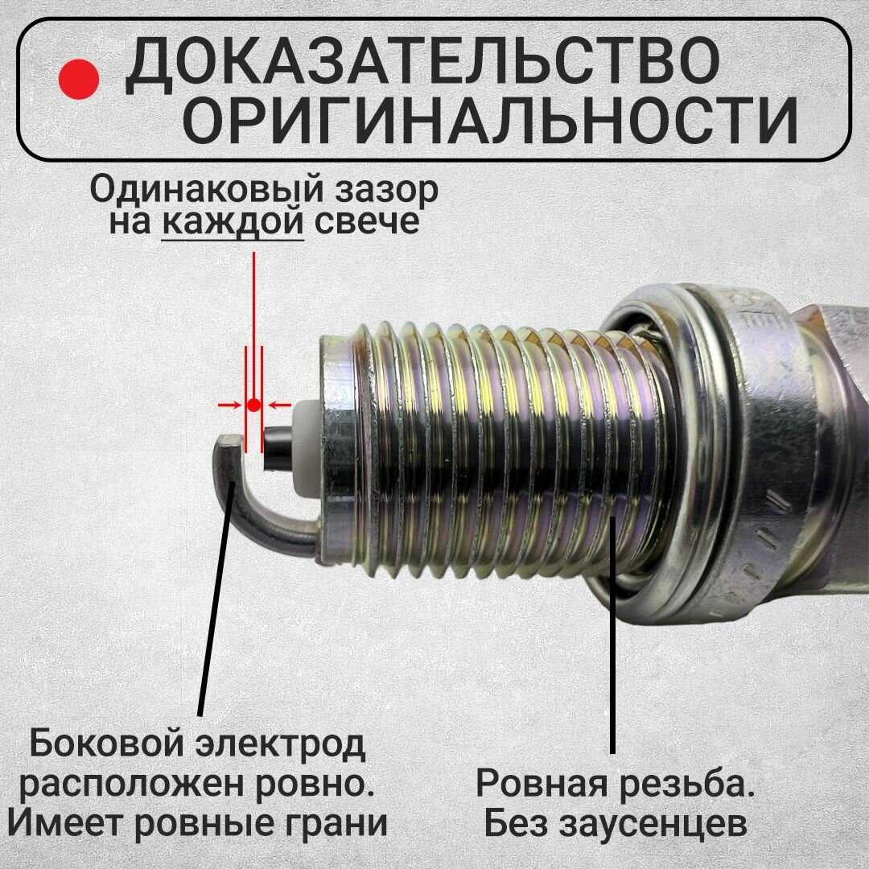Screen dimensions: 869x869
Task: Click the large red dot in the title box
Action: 79,79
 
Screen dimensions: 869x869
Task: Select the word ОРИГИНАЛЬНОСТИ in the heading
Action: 490,121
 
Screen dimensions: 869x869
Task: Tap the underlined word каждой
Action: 233,222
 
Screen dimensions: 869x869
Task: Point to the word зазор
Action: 385,190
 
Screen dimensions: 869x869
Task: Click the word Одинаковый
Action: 206,190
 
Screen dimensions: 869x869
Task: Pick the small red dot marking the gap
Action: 253,405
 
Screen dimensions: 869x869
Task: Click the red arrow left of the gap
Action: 229,405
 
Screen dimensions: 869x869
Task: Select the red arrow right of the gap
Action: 279,405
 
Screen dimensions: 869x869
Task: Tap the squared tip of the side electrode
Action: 230,443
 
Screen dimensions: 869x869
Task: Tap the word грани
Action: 332,824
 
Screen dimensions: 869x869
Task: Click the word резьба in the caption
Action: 686,783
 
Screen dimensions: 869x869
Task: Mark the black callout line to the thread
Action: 612,635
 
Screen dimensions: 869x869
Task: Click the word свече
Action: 366,222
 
